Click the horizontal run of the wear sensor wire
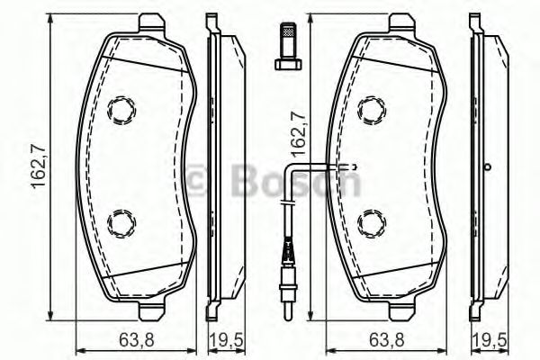[319, 166]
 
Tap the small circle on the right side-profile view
[487, 166]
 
